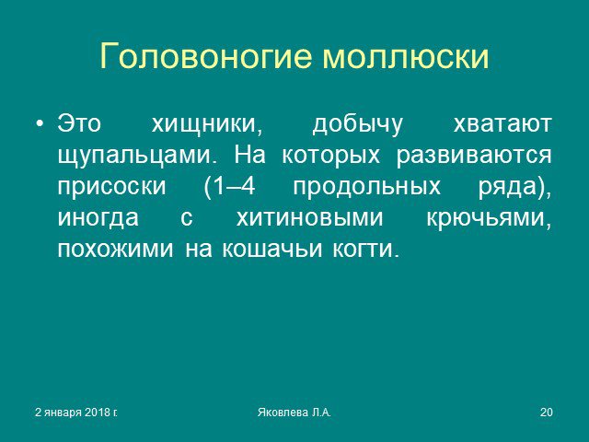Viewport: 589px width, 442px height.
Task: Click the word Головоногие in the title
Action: click(206, 56)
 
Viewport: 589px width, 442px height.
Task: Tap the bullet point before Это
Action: click(40, 123)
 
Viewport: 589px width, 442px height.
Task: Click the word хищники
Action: click(206, 124)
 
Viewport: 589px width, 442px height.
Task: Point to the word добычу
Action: click(357, 124)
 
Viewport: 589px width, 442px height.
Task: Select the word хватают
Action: click(502, 124)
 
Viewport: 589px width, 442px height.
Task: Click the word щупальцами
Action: click(137, 156)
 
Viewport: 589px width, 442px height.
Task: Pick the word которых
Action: click(330, 156)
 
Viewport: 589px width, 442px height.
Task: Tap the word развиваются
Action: click(474, 156)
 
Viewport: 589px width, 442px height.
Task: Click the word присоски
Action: click(111, 186)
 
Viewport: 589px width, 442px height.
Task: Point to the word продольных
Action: click(366, 187)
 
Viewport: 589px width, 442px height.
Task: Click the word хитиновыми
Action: click(310, 217)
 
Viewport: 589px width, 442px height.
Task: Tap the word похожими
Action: click(116, 249)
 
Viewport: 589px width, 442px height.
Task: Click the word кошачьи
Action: click(272, 249)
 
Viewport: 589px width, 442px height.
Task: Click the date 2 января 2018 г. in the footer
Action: click(75, 413)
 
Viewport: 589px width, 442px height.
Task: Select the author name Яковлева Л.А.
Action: click(294, 413)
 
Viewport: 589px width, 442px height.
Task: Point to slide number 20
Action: click(547, 413)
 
